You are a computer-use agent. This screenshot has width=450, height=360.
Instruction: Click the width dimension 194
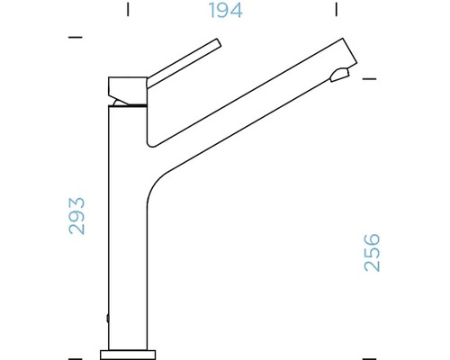click(x=224, y=12)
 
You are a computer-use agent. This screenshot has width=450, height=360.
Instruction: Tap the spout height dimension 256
click(x=372, y=252)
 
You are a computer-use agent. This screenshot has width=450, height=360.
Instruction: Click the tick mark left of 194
click(x=129, y=12)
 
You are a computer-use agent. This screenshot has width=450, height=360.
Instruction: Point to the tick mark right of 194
click(x=336, y=12)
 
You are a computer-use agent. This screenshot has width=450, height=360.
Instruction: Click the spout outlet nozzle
click(x=340, y=76)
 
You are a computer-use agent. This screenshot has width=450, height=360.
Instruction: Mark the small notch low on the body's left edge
click(x=109, y=318)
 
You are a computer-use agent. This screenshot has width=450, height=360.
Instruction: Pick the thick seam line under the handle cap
click(x=126, y=105)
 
